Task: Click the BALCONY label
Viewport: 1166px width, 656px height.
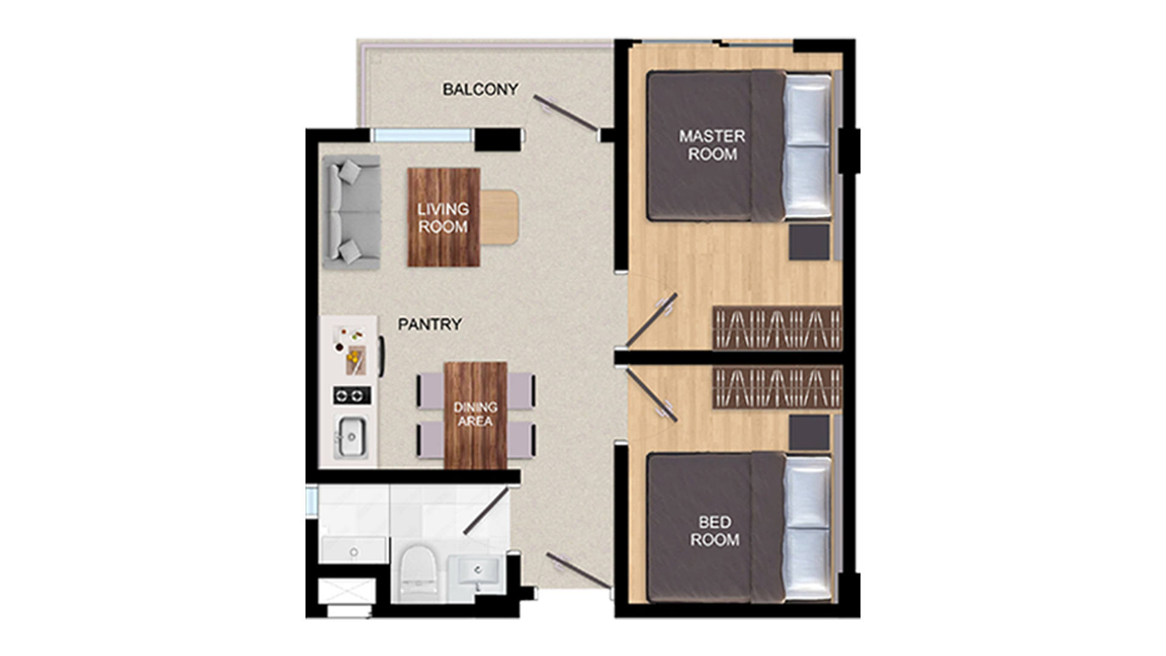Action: pyautogui.click(x=480, y=89)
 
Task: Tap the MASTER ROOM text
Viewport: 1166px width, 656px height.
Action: pyautogui.click(x=712, y=145)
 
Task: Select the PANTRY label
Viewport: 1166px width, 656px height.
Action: pyautogui.click(x=429, y=324)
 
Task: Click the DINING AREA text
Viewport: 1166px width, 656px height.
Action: pyautogui.click(x=475, y=414)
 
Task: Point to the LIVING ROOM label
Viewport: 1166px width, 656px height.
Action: pyautogui.click(x=443, y=218)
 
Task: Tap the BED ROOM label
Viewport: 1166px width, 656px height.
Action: pyautogui.click(x=715, y=530)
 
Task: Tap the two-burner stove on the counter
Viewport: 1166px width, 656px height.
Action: pyautogui.click(x=352, y=396)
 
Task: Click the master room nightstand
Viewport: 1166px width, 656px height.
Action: pyautogui.click(x=810, y=242)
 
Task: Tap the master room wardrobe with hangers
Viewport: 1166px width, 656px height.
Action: pyautogui.click(x=777, y=328)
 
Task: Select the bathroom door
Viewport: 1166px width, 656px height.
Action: pyautogui.click(x=486, y=511)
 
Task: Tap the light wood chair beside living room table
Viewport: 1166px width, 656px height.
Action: pyautogui.click(x=499, y=217)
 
